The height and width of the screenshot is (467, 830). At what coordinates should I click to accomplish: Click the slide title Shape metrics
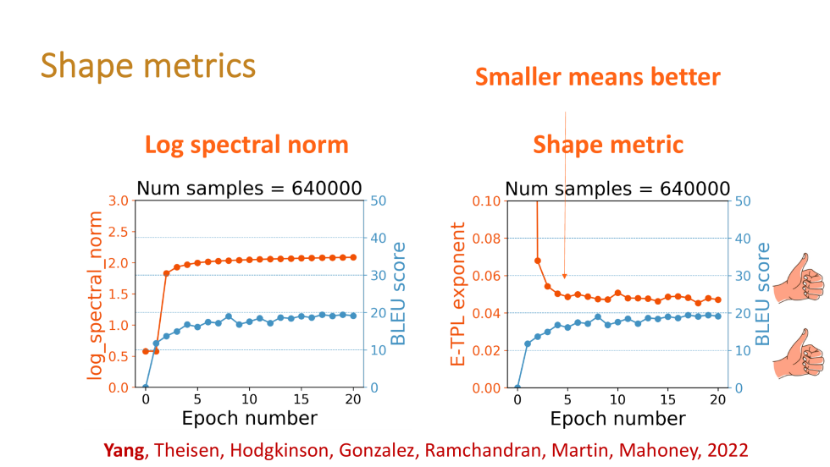pos(147,65)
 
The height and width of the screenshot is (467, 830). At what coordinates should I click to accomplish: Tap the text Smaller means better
pos(597,78)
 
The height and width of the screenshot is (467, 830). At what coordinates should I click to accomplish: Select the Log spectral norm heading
pos(246,145)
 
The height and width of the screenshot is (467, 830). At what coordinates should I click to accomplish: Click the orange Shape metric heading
pos(607,145)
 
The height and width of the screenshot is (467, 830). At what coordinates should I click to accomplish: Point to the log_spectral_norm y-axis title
pos(95,295)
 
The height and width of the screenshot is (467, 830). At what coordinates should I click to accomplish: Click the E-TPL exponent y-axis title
pos(458,294)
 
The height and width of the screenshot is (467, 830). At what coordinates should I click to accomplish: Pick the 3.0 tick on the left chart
pos(119,201)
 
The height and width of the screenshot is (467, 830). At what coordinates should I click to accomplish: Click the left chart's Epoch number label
pos(250,418)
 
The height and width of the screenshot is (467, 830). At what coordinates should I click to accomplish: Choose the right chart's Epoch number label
pos(617,418)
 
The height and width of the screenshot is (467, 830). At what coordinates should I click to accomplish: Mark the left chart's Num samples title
pos(249,188)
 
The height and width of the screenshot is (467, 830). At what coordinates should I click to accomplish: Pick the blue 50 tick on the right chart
pos(742,201)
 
